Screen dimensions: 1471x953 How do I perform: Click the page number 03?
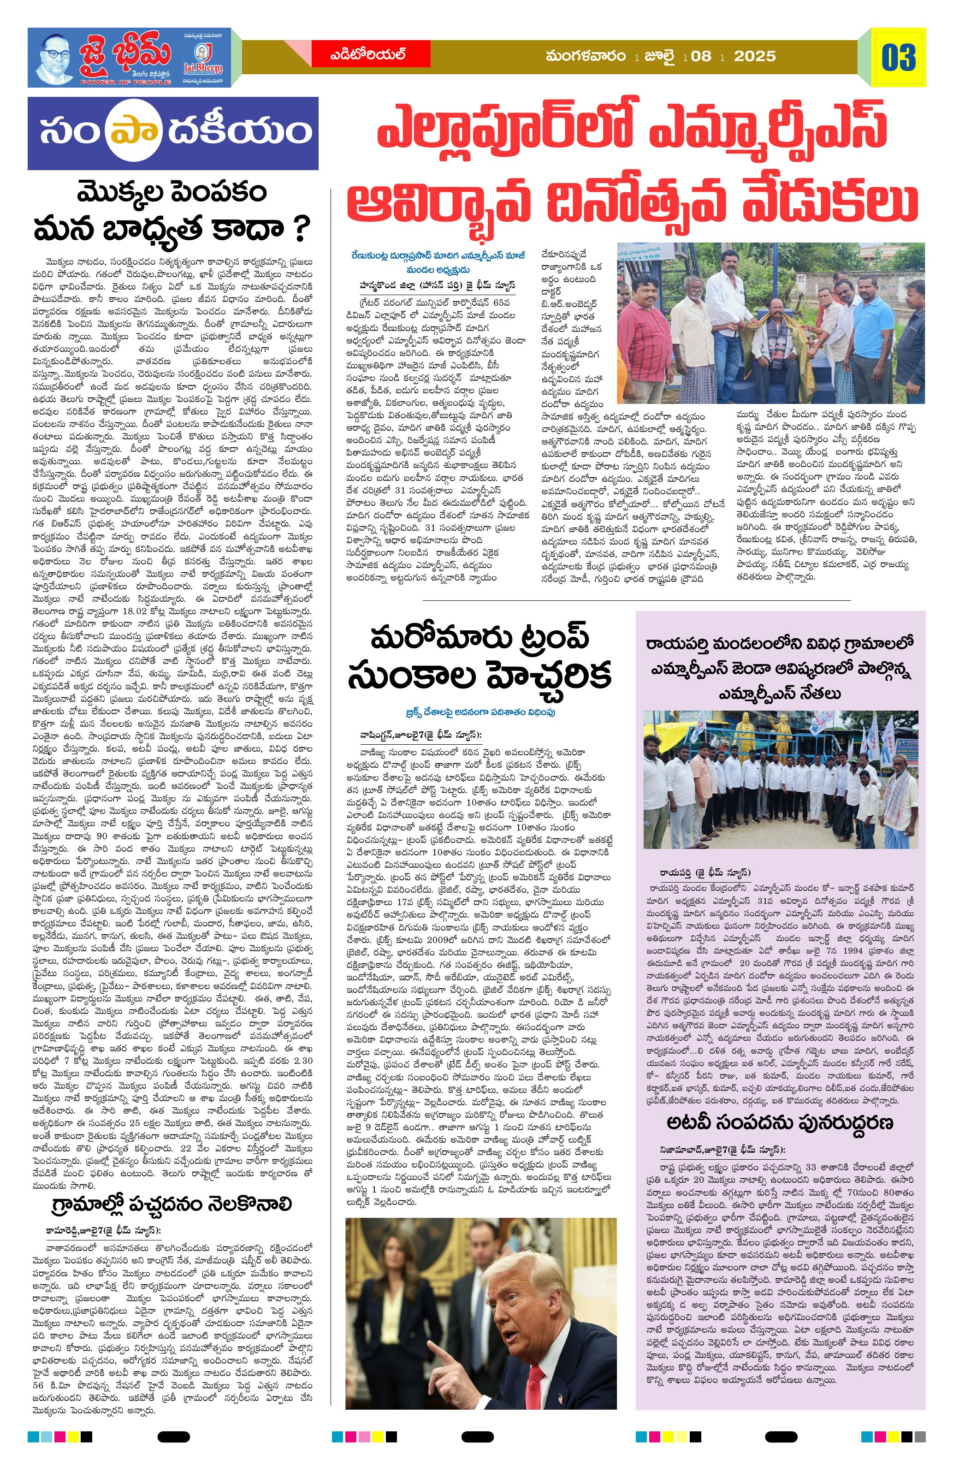click(898, 58)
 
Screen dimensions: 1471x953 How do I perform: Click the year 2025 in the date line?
click(755, 56)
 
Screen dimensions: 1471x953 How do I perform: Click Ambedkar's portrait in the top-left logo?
click(55, 58)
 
